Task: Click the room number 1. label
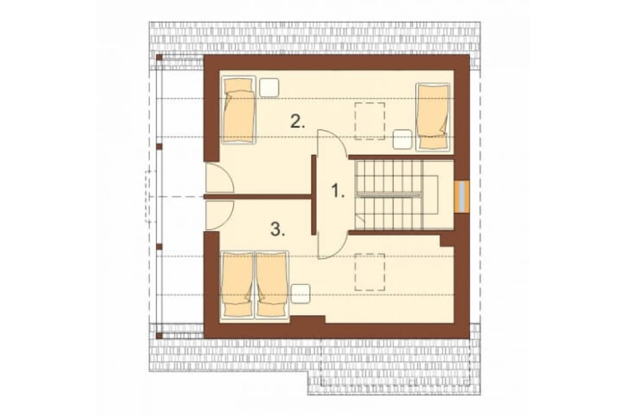pos(338,191)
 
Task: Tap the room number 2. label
pos(298,121)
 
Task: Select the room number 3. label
pos(278,229)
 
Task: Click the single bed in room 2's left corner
pos(239,110)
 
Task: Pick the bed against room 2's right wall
pos(433,117)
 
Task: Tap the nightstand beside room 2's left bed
pos(269,88)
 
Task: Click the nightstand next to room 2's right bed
pos(403,140)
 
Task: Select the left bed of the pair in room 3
pos(237,285)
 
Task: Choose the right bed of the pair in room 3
pos(272,285)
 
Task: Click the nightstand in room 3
pos(300,294)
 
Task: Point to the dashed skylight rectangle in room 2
pos(370,121)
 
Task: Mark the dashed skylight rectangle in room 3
pos(370,272)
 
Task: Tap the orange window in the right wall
pos(461,196)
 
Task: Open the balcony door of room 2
pos(218,178)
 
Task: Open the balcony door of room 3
pos(218,215)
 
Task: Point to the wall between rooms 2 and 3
pos(258,197)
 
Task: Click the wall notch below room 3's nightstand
pos(308,319)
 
